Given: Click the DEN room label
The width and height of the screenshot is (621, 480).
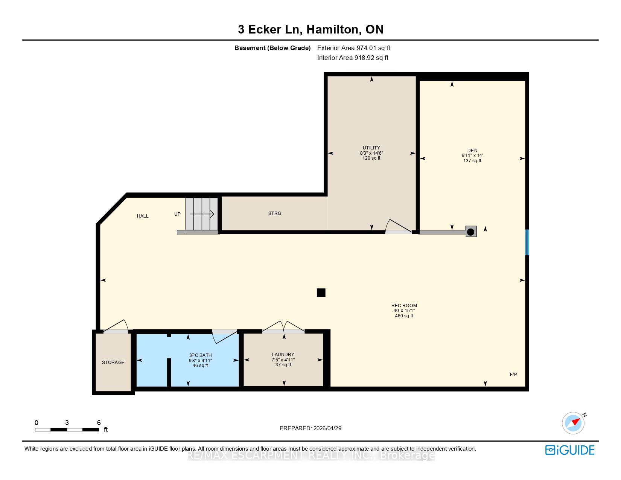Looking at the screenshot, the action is coord(472,150).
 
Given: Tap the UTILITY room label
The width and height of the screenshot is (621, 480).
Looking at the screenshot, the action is coord(371,148).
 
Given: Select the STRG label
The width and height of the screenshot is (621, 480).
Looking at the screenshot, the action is coord(275,213).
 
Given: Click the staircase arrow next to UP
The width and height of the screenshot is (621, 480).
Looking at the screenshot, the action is coord(202,214).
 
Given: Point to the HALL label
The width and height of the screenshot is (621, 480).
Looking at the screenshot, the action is coord(143,216).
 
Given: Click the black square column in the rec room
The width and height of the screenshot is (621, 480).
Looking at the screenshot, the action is coord(321,293).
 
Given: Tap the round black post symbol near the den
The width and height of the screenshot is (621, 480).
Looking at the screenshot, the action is coord(471,232).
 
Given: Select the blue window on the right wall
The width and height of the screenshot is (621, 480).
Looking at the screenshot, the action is coord(527,242).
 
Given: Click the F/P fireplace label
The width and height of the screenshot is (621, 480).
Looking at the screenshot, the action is coord(513,375).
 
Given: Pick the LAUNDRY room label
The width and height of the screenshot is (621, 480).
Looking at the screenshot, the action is coord(283,355).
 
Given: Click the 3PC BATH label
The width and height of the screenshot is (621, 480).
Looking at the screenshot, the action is coord(200,355).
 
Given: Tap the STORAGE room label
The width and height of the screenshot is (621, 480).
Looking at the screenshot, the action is coord(113,363).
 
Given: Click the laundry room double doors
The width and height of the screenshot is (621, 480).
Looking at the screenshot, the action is coord(283,327).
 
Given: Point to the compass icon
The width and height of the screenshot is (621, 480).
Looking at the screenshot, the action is coord(573,423).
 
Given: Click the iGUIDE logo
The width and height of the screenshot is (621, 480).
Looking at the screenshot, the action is coord(569,450).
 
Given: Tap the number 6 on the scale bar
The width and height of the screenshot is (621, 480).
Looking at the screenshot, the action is coord(99,423).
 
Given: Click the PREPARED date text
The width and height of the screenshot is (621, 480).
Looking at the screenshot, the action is coord(310,428).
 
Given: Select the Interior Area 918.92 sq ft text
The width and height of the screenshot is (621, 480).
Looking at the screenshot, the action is coord(353,58).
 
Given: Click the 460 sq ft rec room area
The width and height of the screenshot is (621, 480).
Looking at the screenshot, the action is coord(404,316).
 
